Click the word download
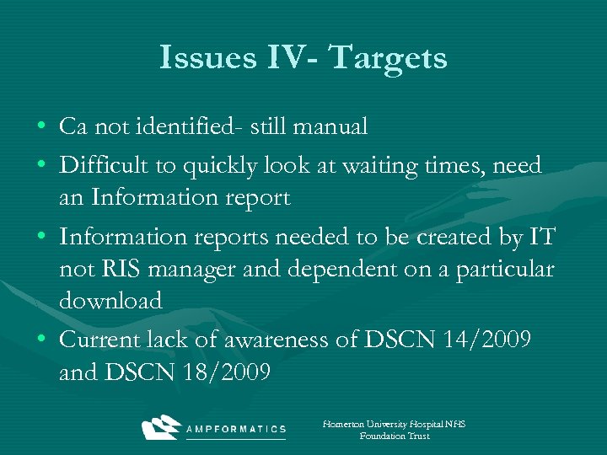point(110,301)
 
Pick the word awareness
point(282,340)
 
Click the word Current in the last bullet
point(100,340)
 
